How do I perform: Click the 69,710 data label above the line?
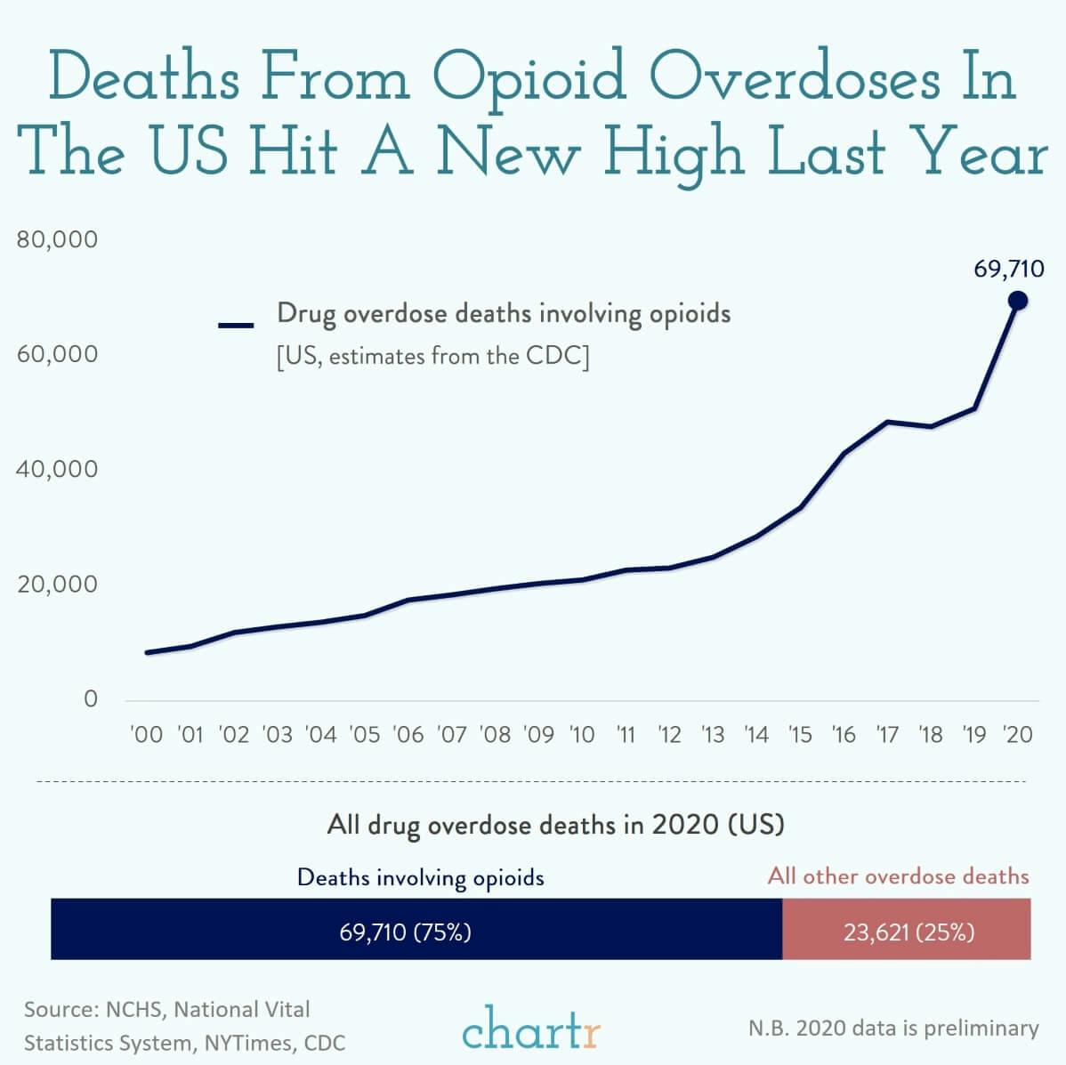click(x=1008, y=270)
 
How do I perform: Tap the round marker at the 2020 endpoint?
click(x=1017, y=301)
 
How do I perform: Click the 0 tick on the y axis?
click(x=90, y=699)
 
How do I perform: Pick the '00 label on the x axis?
click(x=147, y=735)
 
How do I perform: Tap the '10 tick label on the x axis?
click(x=581, y=735)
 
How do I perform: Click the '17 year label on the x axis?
click(x=887, y=735)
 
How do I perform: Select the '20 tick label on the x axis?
click(x=1017, y=735)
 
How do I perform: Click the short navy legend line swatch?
click(x=237, y=326)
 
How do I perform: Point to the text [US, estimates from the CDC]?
click(x=432, y=357)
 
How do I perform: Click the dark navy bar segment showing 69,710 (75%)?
click(x=416, y=929)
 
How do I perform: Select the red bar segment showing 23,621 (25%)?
click(x=907, y=929)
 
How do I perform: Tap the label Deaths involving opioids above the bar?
click(x=420, y=877)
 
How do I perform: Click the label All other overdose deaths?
click(x=898, y=876)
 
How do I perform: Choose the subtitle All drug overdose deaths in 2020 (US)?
click(x=555, y=825)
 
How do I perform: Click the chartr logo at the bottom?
click(x=531, y=1029)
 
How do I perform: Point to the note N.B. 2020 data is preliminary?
click(x=893, y=1029)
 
